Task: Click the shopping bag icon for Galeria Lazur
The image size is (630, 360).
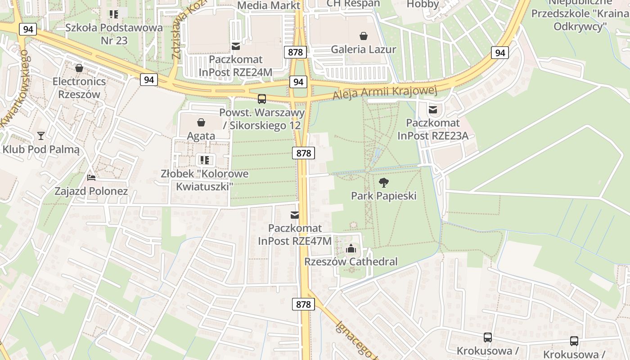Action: (364, 36)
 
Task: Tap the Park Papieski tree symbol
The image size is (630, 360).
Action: (383, 183)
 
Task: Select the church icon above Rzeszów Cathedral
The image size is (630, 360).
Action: (351, 248)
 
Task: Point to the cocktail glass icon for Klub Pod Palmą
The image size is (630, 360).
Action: (41, 135)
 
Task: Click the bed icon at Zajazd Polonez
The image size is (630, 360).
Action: (91, 178)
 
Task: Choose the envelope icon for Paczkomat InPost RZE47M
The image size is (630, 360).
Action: (295, 215)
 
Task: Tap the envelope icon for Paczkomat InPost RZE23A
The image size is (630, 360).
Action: (433, 109)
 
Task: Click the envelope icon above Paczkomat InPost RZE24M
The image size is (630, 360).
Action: (236, 46)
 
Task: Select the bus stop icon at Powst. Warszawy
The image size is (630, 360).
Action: (262, 99)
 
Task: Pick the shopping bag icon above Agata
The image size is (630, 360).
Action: (201, 122)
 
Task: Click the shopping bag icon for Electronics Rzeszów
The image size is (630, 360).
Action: (79, 68)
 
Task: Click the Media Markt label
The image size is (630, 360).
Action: (269, 5)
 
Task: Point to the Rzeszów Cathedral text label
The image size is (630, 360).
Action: (351, 261)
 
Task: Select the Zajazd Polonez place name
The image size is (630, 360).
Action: (91, 191)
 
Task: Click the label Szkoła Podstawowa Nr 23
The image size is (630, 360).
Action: (114, 34)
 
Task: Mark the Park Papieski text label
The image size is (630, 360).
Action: (383, 196)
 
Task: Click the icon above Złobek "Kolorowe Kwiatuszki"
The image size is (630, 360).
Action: (205, 160)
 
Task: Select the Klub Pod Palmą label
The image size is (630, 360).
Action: (41, 149)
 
